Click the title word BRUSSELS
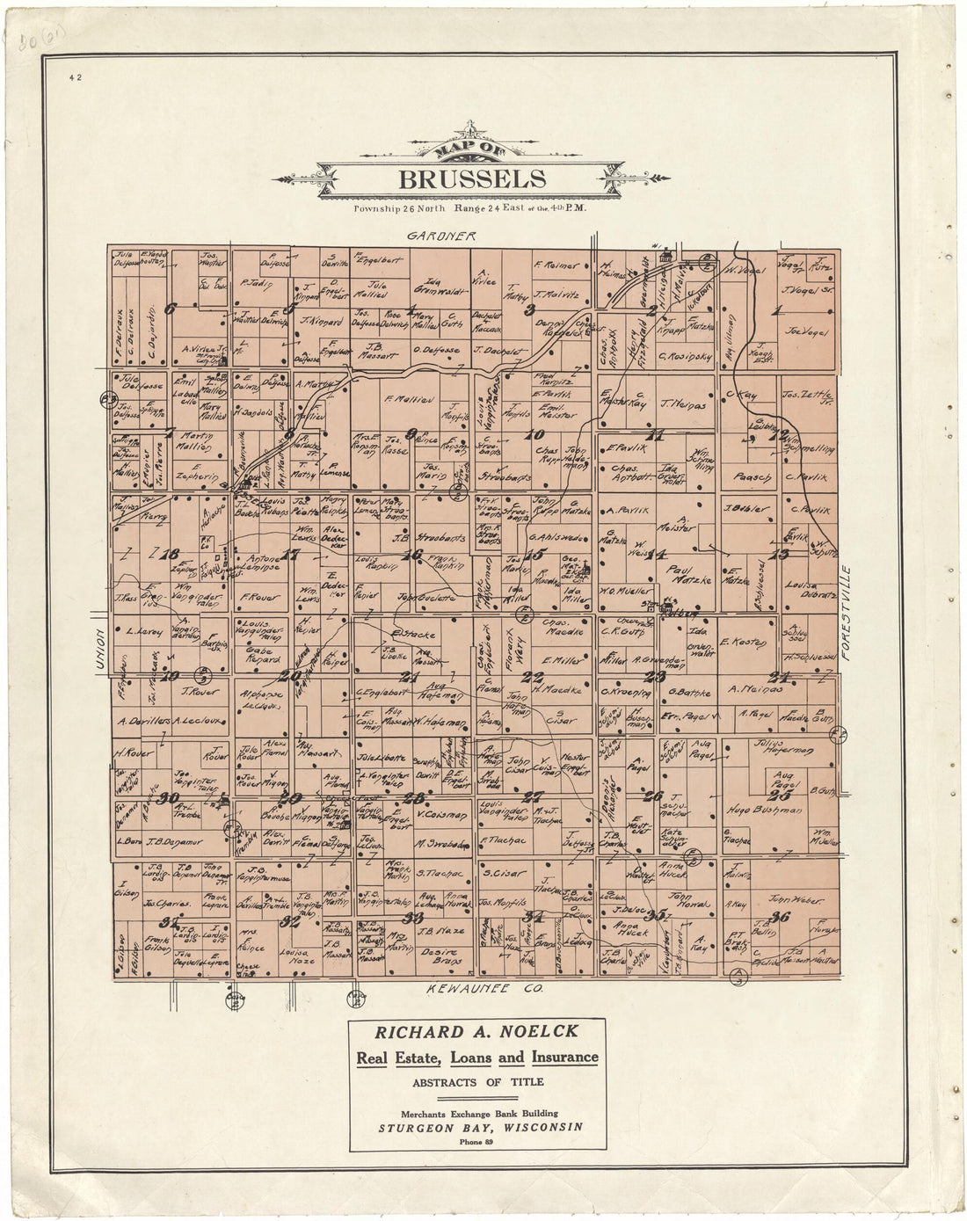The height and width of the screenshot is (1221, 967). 472,179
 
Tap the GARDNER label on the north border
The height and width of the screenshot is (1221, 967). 441,236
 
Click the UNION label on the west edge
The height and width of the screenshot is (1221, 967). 100,650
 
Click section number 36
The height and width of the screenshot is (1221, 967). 778,917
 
